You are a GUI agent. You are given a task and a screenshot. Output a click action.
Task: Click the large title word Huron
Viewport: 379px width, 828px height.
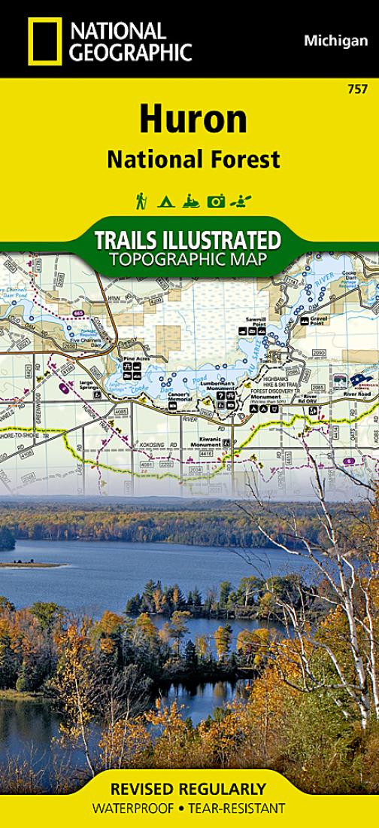pyautogui.click(x=193, y=120)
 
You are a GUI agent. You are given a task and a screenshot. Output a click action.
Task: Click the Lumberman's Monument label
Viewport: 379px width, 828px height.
pyautogui.click(x=217, y=384)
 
